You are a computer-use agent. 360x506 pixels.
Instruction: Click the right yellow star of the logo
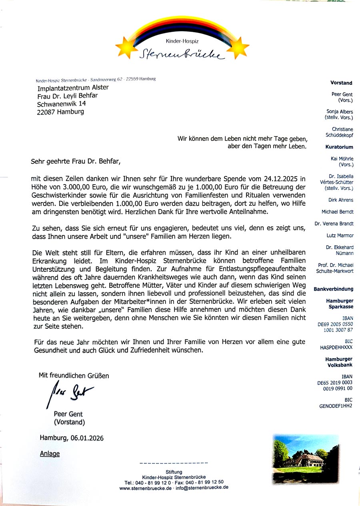239,46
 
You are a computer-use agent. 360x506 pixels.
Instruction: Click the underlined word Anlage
50,454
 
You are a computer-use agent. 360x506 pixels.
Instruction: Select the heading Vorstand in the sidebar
341,83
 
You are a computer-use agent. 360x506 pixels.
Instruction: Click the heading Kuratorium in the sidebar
339,147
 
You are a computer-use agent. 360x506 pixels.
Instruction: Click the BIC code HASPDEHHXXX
336,348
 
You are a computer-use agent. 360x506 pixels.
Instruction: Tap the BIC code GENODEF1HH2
336,406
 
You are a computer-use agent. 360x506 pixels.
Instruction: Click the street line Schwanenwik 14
61,104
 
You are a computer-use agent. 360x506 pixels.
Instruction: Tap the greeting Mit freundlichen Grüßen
74,375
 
